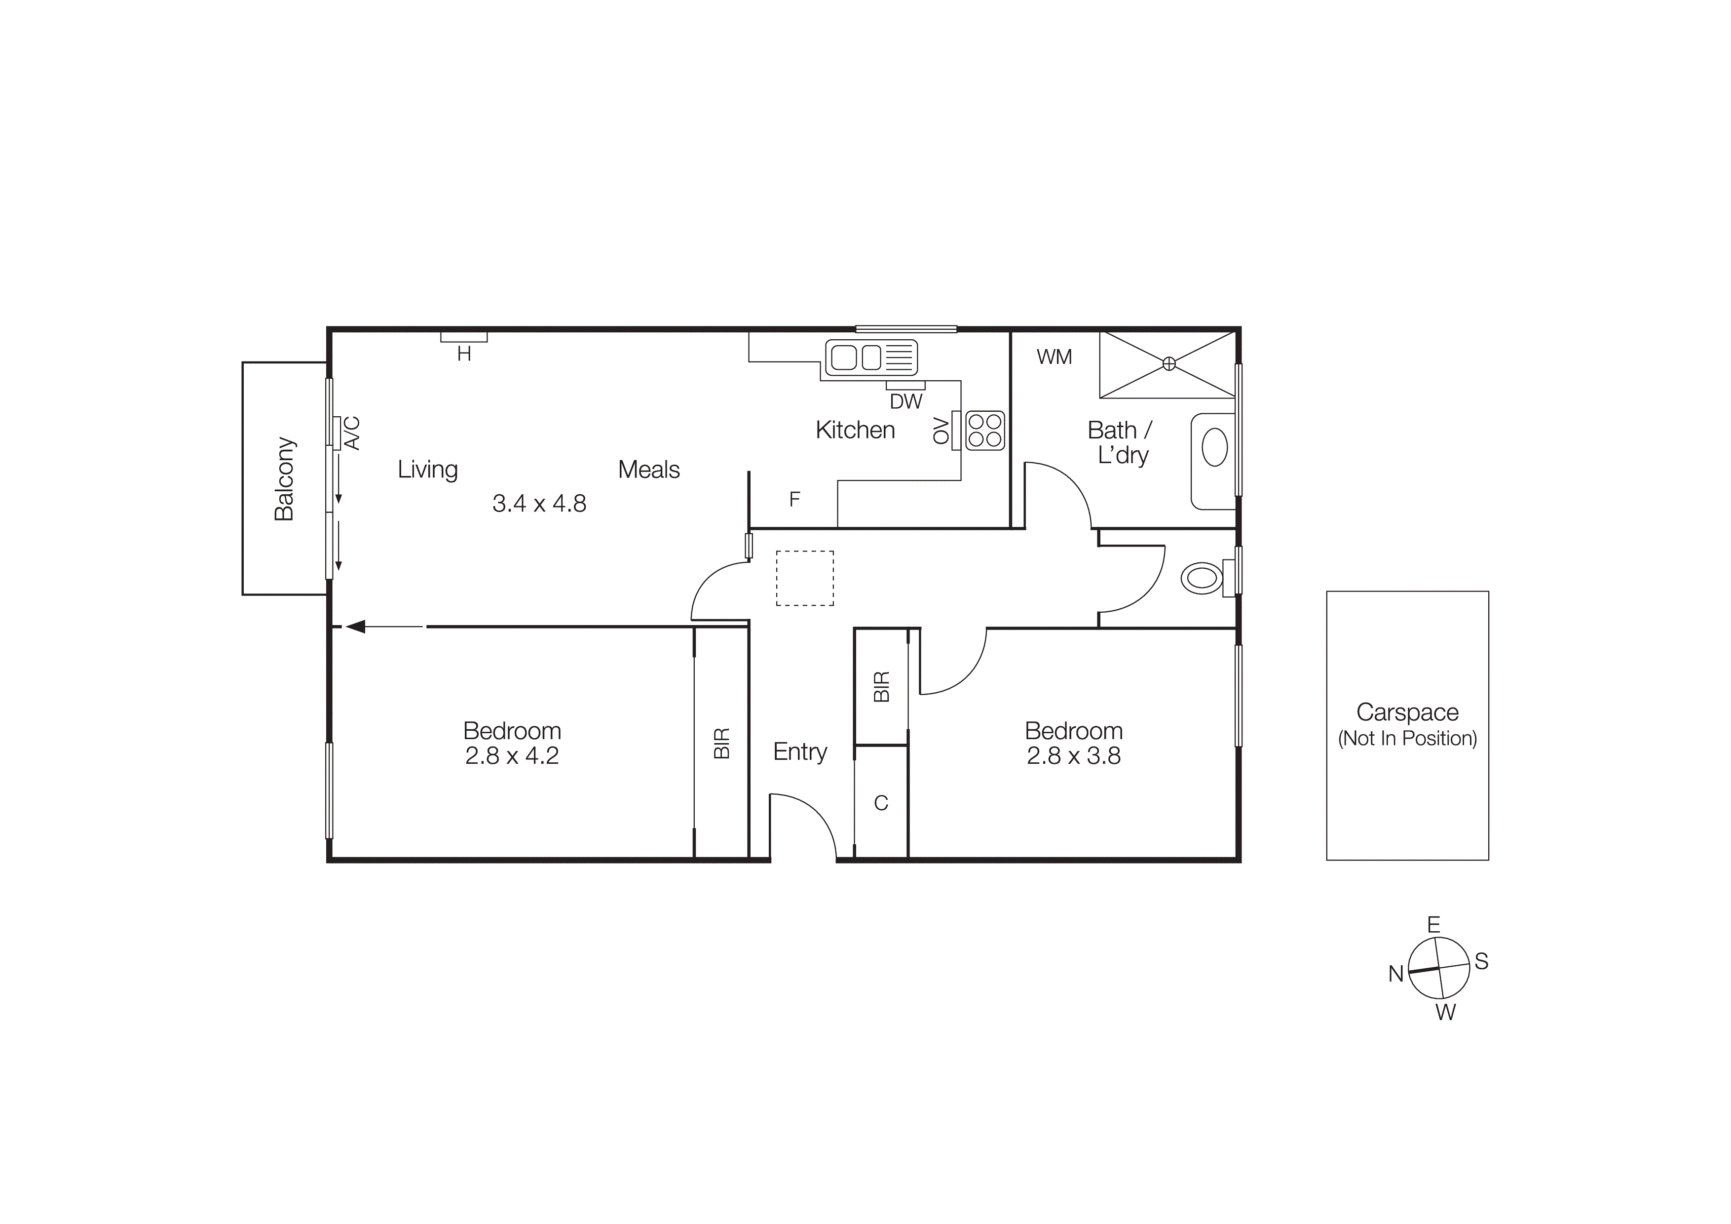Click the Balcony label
coord(284,479)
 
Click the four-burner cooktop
coord(984,431)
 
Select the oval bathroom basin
coord(1214,447)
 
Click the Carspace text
coord(1407,712)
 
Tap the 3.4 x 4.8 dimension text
coord(539,503)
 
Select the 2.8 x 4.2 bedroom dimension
coord(512,755)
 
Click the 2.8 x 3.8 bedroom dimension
coord(1074,755)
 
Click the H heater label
coord(464,354)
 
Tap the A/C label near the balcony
coord(353,433)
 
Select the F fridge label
coord(794,499)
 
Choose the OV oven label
coord(940,431)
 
